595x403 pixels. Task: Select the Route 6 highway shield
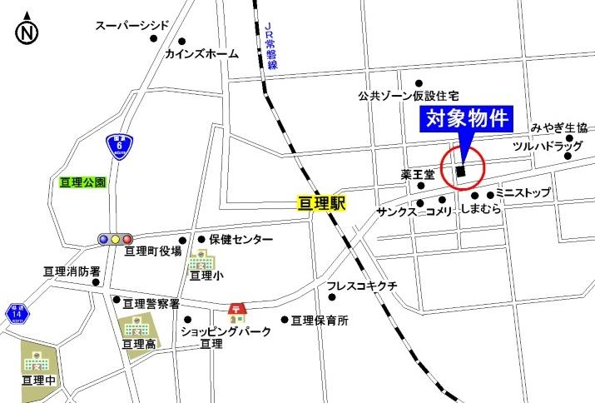point(121,146)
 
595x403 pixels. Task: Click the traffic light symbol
point(116,239)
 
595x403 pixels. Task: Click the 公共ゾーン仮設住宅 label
point(409,95)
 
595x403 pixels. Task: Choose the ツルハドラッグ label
point(544,145)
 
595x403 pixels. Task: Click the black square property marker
point(460,172)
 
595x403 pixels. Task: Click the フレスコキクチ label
point(363,286)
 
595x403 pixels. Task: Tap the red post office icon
point(237,312)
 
